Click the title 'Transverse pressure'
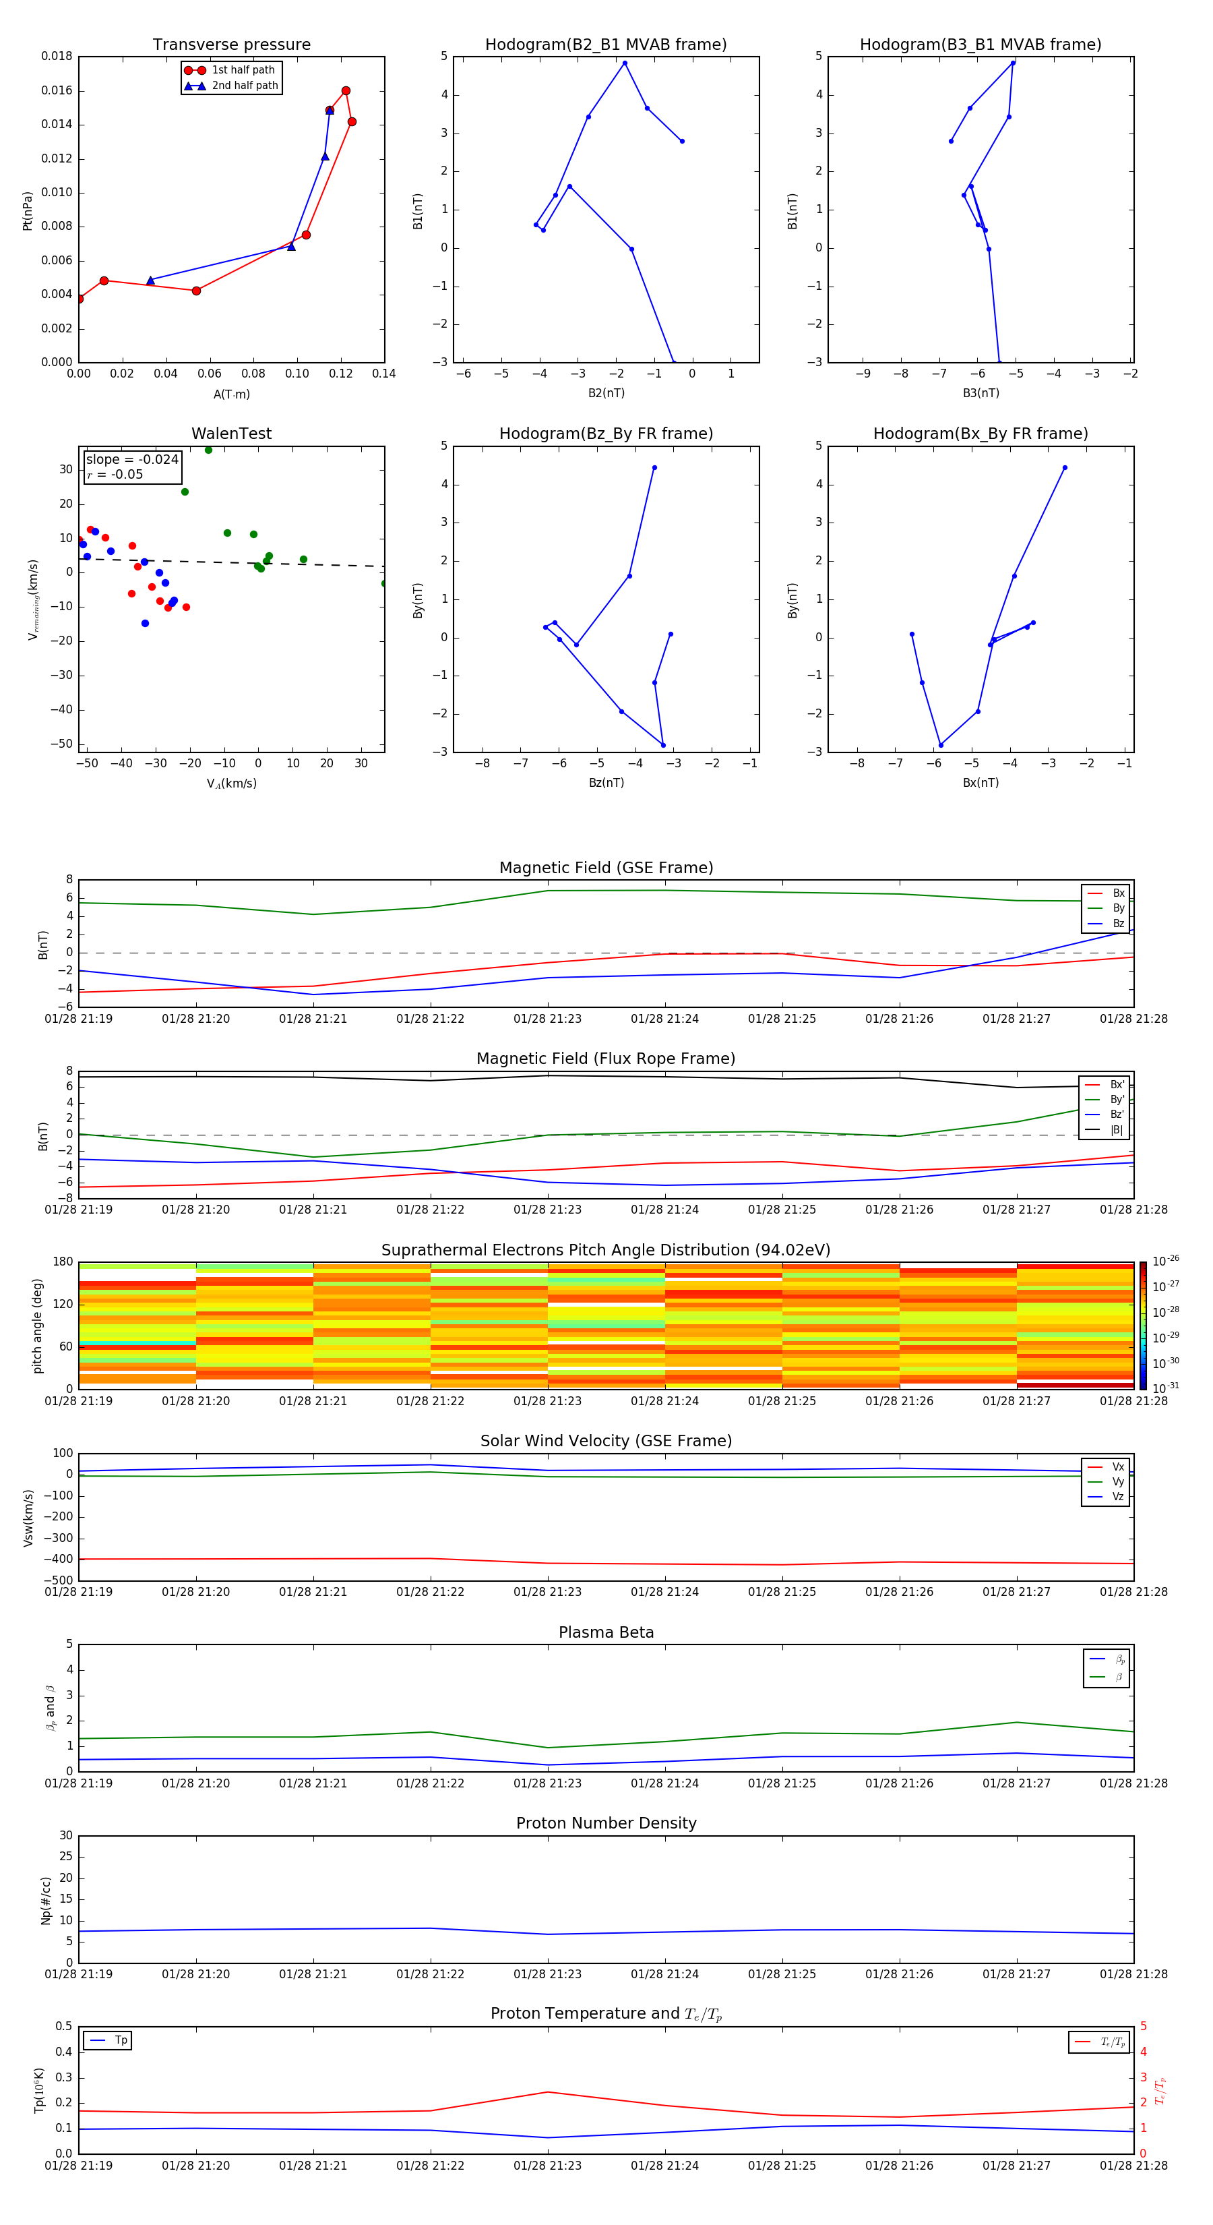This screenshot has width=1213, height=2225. (231, 45)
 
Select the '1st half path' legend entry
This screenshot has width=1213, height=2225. (243, 70)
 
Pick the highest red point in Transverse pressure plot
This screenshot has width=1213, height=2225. (345, 91)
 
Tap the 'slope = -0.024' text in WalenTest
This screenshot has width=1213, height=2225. (132, 460)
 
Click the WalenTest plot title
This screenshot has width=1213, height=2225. (231, 434)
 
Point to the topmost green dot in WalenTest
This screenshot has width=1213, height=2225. (208, 450)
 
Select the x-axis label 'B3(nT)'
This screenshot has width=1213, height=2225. (981, 393)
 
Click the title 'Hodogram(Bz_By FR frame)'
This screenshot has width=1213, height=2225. (606, 434)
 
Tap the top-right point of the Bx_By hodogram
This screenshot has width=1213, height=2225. (1065, 468)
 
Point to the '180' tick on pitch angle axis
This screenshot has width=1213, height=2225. (62, 1262)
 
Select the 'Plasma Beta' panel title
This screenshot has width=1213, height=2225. (606, 1632)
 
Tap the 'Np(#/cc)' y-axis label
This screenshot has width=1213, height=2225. (46, 1900)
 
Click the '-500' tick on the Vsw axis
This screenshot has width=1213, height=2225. (59, 1580)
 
